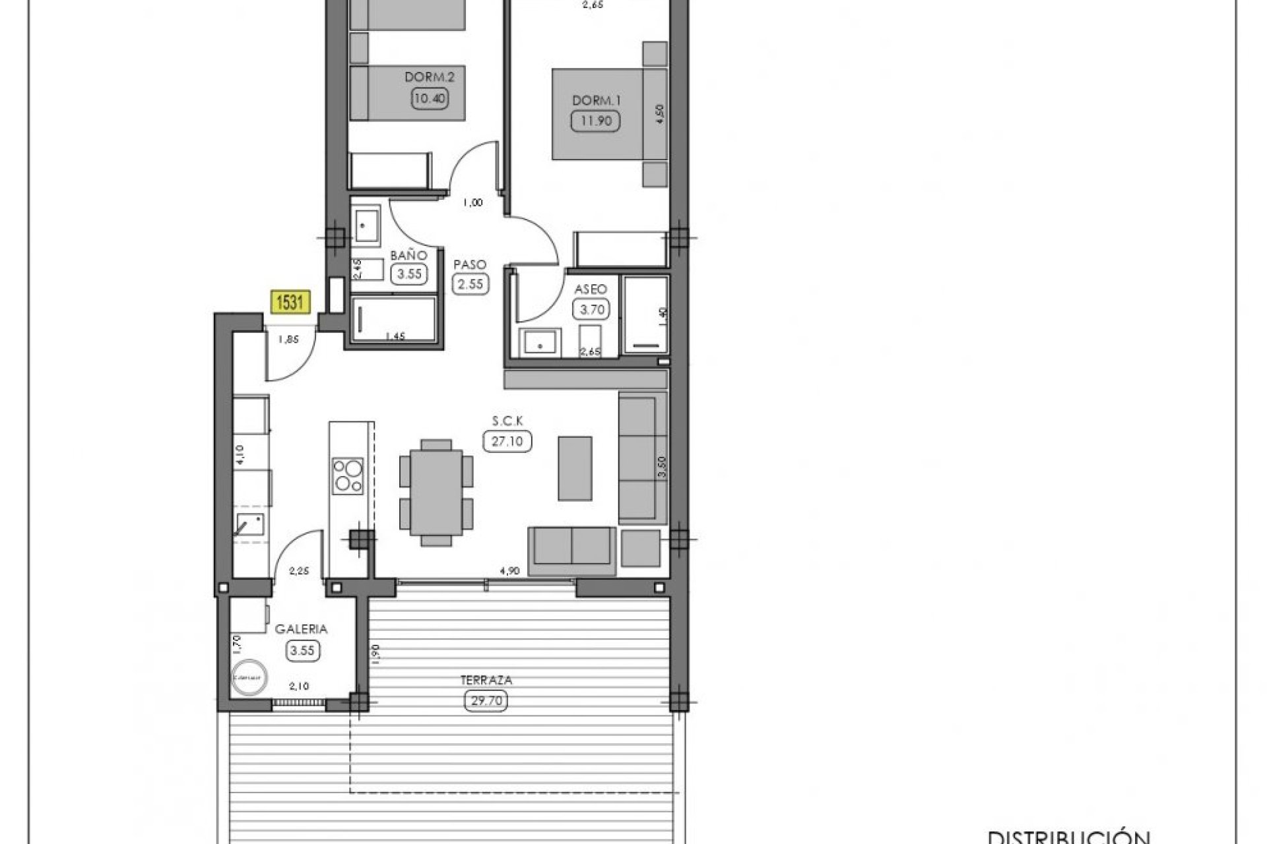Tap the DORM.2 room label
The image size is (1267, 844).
(x=430, y=77)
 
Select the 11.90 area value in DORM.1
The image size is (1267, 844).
(x=595, y=121)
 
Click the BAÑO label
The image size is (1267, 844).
(x=409, y=255)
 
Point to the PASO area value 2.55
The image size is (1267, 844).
(x=470, y=285)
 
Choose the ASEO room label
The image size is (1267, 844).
(x=591, y=289)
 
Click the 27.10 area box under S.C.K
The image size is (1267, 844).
(x=507, y=441)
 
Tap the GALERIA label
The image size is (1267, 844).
(x=302, y=629)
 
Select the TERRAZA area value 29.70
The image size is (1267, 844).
(x=486, y=702)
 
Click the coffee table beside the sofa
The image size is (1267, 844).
(x=575, y=467)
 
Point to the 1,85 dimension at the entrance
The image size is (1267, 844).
(x=288, y=340)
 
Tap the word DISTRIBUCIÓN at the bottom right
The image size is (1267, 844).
(x=1068, y=836)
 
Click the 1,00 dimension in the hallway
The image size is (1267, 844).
(x=472, y=203)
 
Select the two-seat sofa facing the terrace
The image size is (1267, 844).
(x=571, y=545)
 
